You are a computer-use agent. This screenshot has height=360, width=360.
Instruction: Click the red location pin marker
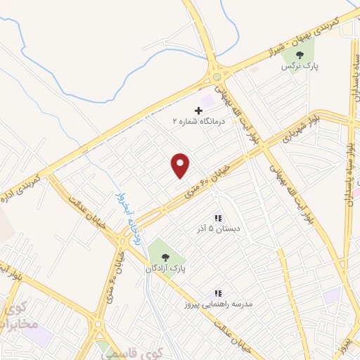[181, 165]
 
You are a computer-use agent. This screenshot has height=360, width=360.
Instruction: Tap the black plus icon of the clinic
[198, 110]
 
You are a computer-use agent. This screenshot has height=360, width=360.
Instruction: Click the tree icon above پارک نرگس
[300, 55]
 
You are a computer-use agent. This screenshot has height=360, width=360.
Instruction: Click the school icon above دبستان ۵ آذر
[218, 218]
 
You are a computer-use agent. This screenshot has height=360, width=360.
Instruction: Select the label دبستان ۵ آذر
[218, 229]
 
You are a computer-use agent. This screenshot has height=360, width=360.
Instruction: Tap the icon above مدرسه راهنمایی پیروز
[218, 292]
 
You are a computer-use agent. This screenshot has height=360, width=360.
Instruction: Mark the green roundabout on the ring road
[217, 76]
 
